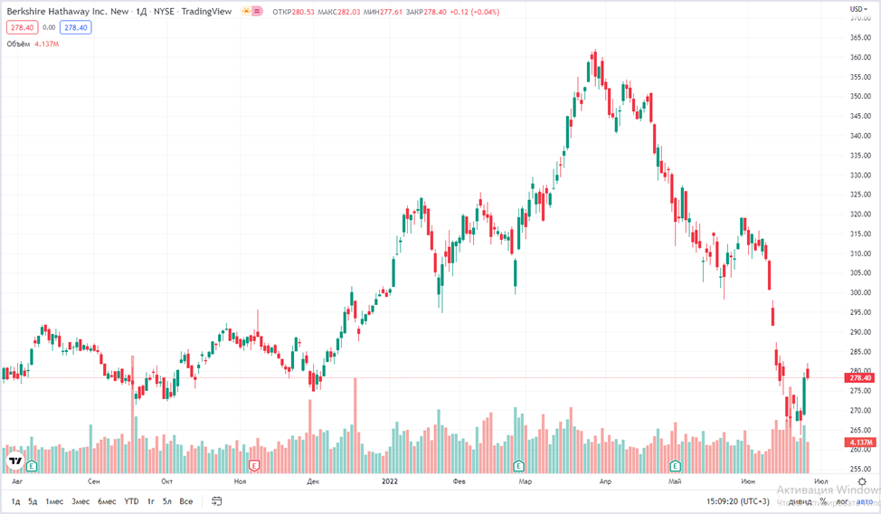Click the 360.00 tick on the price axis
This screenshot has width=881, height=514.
[860, 56]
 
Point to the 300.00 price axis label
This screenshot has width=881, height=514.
[860, 292]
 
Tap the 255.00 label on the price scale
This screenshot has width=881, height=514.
[860, 469]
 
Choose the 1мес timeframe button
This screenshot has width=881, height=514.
[56, 500]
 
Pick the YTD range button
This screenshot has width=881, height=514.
[131, 500]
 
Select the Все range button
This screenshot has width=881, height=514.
[185, 500]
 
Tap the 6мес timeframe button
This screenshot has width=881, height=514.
[107, 500]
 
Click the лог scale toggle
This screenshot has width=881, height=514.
[842, 500]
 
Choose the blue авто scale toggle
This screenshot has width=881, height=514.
[865, 500]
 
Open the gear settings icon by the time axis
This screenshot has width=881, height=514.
[861, 481]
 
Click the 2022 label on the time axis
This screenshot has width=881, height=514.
[391, 481]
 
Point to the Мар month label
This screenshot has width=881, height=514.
[526, 481]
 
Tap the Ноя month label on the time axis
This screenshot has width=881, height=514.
[240, 481]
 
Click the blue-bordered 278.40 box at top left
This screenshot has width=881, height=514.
[76, 27]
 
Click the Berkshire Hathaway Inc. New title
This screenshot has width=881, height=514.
[63, 10]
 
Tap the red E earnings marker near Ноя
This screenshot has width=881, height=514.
[254, 465]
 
